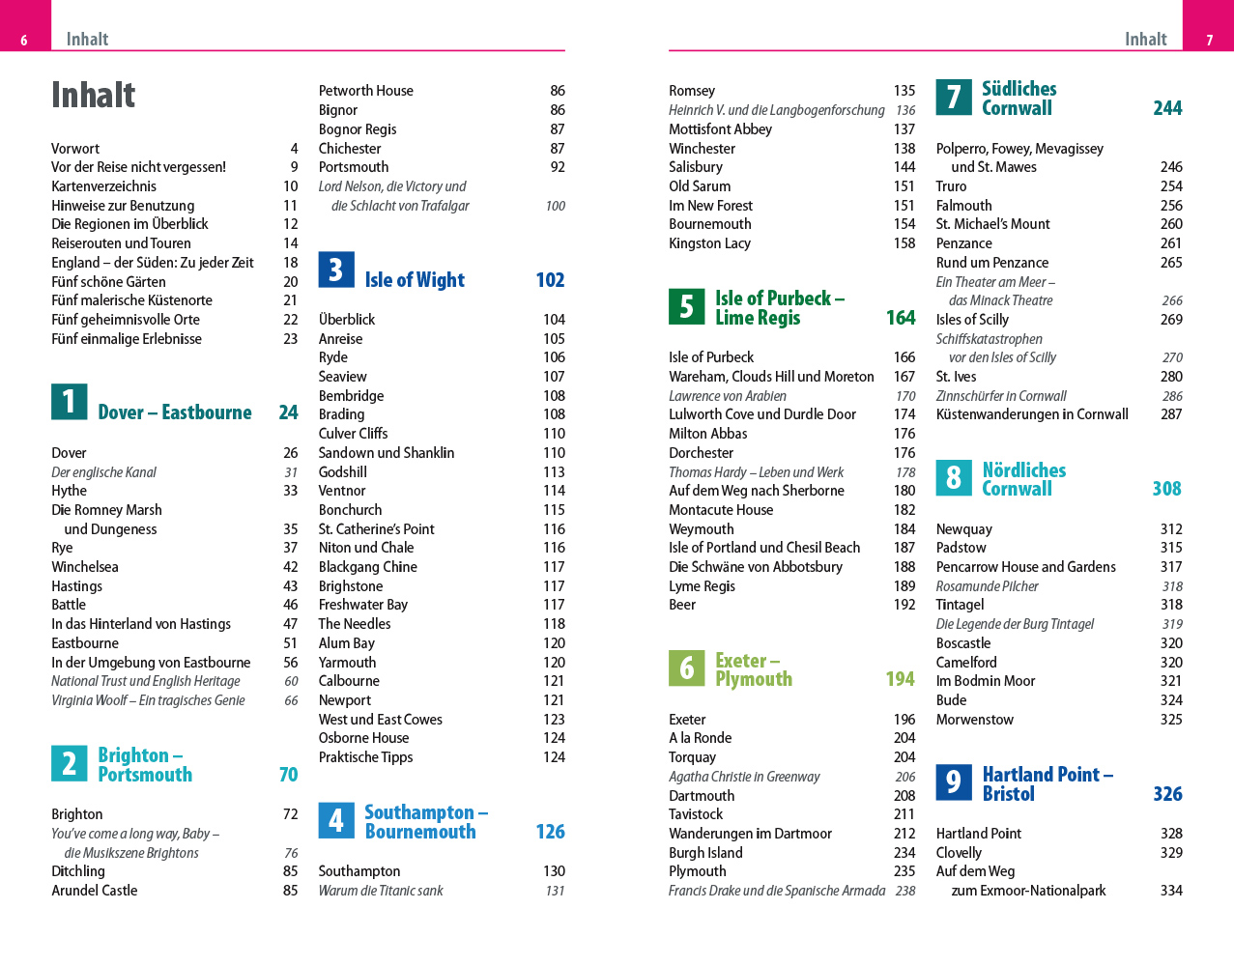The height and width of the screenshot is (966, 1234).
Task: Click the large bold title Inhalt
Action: tap(93, 95)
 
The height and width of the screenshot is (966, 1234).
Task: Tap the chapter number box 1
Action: tap(69, 401)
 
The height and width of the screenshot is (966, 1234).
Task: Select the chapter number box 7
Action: tap(954, 97)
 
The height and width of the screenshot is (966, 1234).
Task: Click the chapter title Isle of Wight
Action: tap(415, 280)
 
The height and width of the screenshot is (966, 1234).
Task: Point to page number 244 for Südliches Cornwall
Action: tap(1167, 108)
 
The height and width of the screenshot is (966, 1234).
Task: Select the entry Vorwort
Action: tap(75, 149)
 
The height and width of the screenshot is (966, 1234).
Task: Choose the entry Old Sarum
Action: tap(700, 186)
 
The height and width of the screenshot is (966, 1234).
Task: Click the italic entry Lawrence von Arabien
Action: tap(727, 396)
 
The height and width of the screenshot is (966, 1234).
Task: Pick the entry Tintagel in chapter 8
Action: tap(960, 605)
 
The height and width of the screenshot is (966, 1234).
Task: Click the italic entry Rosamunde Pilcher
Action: tap(987, 586)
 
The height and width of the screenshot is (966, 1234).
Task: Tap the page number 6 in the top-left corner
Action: tap(24, 41)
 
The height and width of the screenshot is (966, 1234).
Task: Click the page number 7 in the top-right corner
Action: tap(1209, 41)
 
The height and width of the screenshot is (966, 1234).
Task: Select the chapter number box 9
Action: tap(954, 781)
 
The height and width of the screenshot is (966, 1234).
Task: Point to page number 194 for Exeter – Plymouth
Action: tap(900, 679)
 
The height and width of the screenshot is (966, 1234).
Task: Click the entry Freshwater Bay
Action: tap(363, 605)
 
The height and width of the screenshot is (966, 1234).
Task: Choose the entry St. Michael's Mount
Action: tap(992, 224)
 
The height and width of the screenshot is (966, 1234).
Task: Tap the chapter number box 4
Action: tap(336, 820)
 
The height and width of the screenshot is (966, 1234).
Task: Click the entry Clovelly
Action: tap(959, 853)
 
